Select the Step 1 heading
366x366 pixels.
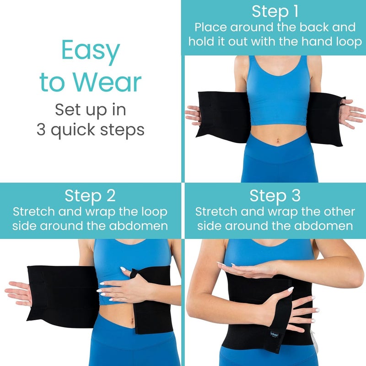274,11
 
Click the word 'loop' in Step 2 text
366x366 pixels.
153,212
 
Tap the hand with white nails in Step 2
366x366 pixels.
128,284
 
